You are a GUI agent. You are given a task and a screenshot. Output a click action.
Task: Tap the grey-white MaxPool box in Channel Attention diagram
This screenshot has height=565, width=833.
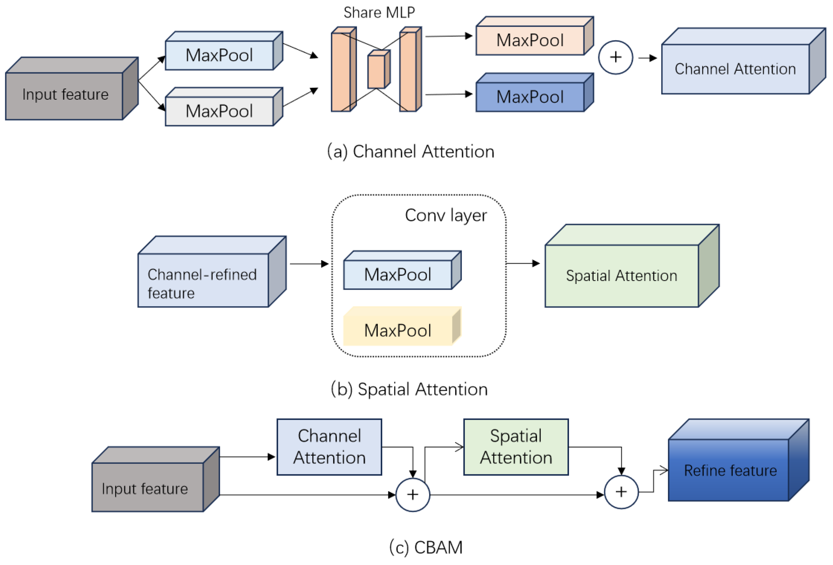click(219, 111)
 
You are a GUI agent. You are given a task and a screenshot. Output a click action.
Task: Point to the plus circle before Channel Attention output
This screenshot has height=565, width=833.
click(615, 57)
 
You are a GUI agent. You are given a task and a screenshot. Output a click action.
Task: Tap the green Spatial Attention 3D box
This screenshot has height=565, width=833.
click(622, 276)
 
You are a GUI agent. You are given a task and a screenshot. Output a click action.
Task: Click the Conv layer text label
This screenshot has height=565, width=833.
click(446, 215)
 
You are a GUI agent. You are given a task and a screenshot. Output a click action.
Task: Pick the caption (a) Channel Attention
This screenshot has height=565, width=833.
click(410, 151)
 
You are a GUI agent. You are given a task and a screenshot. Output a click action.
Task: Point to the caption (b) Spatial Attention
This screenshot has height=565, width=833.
click(409, 389)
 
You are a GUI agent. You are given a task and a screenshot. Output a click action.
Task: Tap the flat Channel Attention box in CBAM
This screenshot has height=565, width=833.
click(329, 447)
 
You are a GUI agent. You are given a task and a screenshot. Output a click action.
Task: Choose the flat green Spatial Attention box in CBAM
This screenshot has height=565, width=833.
click(516, 447)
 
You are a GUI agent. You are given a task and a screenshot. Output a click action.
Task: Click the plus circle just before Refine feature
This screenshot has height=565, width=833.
click(621, 492)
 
